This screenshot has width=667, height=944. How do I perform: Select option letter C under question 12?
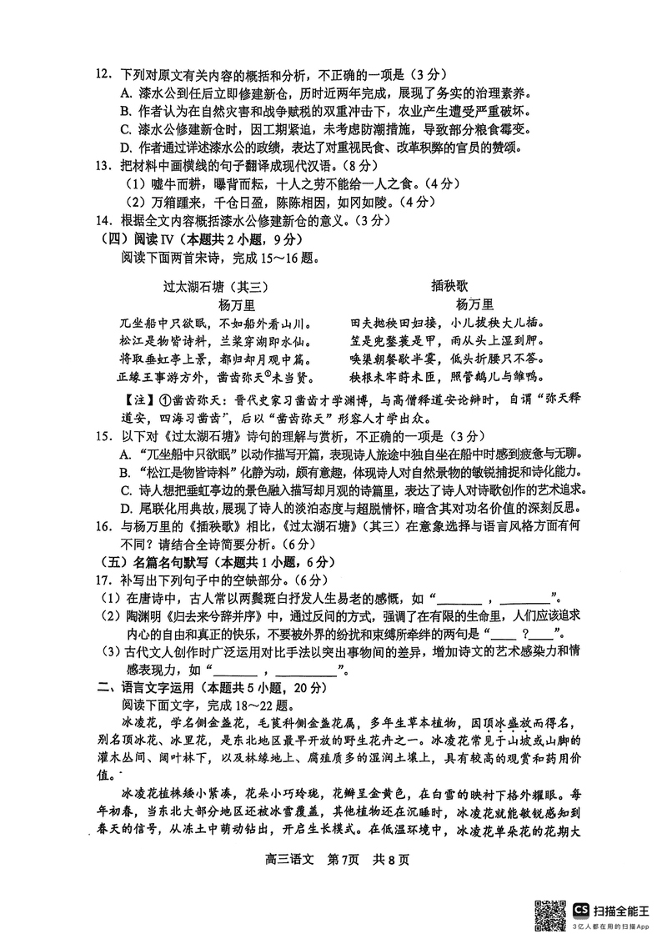point(126,128)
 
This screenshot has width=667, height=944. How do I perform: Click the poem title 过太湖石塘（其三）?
point(215,286)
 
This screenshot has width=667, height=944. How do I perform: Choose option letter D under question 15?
point(126,508)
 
